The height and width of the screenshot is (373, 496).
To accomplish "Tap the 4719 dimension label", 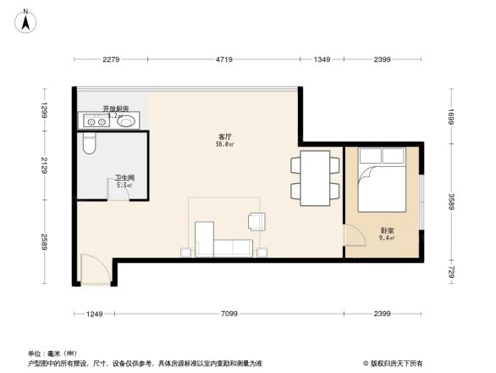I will (224, 59).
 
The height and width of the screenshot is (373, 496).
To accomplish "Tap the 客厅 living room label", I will (225, 137).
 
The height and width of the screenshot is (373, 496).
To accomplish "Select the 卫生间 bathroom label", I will (124, 179).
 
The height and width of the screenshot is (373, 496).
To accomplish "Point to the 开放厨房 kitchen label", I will (116, 109).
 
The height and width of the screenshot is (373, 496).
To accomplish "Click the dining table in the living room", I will (317, 179).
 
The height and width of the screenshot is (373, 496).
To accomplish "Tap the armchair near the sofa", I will (256, 221).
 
